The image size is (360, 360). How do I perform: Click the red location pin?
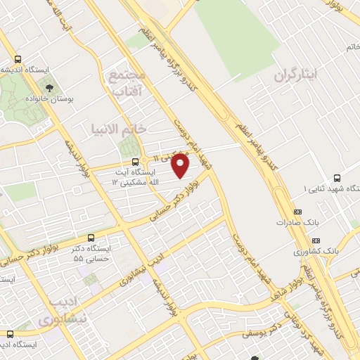pyautogui.click(x=181, y=166)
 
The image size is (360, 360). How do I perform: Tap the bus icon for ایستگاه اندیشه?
pyautogui.click(x=18, y=59)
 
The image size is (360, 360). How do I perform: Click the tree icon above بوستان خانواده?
pyautogui.click(x=50, y=88)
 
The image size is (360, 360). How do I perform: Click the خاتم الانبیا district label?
pyautogui.click(x=118, y=129)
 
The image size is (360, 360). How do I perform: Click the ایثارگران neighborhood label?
pyautogui.click(x=296, y=73)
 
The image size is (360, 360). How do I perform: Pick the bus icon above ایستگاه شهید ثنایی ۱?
pyautogui.click(x=337, y=178)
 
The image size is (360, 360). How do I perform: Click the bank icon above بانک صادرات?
pyautogui.click(x=297, y=211)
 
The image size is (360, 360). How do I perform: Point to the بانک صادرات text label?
pyautogui.click(x=293, y=222)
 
